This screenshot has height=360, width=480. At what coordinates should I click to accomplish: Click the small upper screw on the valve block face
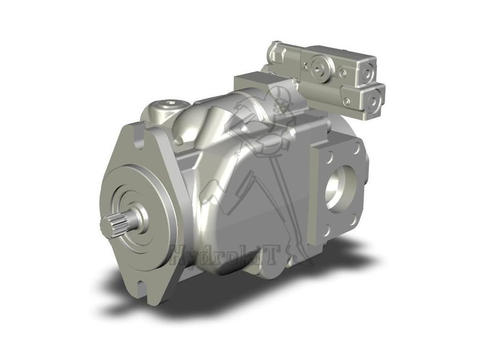click(x=344, y=74)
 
